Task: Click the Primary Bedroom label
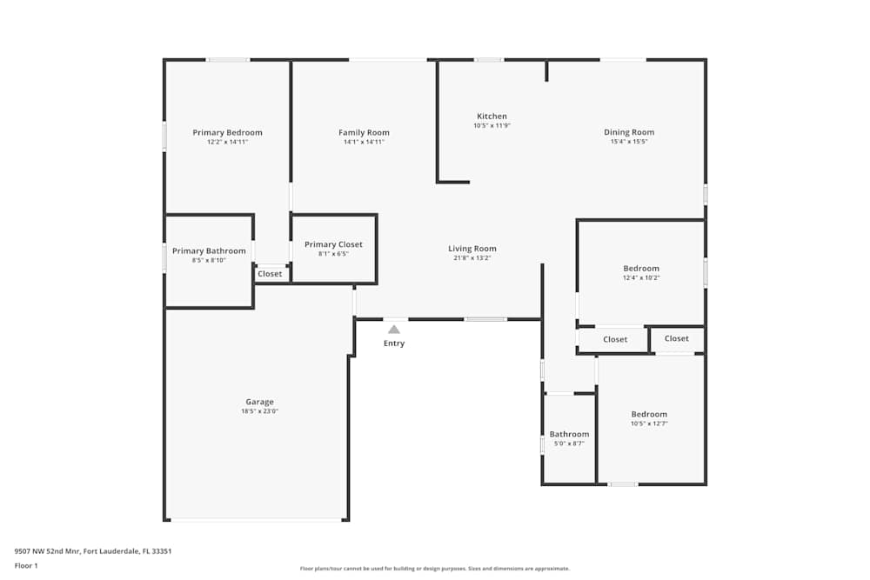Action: tap(227, 133)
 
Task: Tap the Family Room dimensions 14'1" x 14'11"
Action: tap(364, 142)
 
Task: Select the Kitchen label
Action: tap(492, 117)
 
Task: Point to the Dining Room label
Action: tap(628, 133)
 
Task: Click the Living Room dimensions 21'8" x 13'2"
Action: tap(472, 258)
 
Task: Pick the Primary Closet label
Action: tap(333, 245)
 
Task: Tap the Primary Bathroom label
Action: tap(209, 251)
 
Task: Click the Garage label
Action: tap(259, 402)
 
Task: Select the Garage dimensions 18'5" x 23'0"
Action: tap(259, 411)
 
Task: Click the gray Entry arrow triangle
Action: tap(394, 330)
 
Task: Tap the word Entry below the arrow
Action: tap(394, 343)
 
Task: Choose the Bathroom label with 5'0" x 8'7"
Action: tap(569, 435)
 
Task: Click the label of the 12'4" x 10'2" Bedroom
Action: tap(641, 269)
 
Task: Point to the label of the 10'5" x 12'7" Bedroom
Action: tap(649, 415)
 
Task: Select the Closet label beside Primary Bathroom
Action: tap(270, 274)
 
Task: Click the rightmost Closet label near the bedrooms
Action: tap(676, 338)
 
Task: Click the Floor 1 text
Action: tap(26, 565)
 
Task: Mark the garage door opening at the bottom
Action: tap(256, 520)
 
